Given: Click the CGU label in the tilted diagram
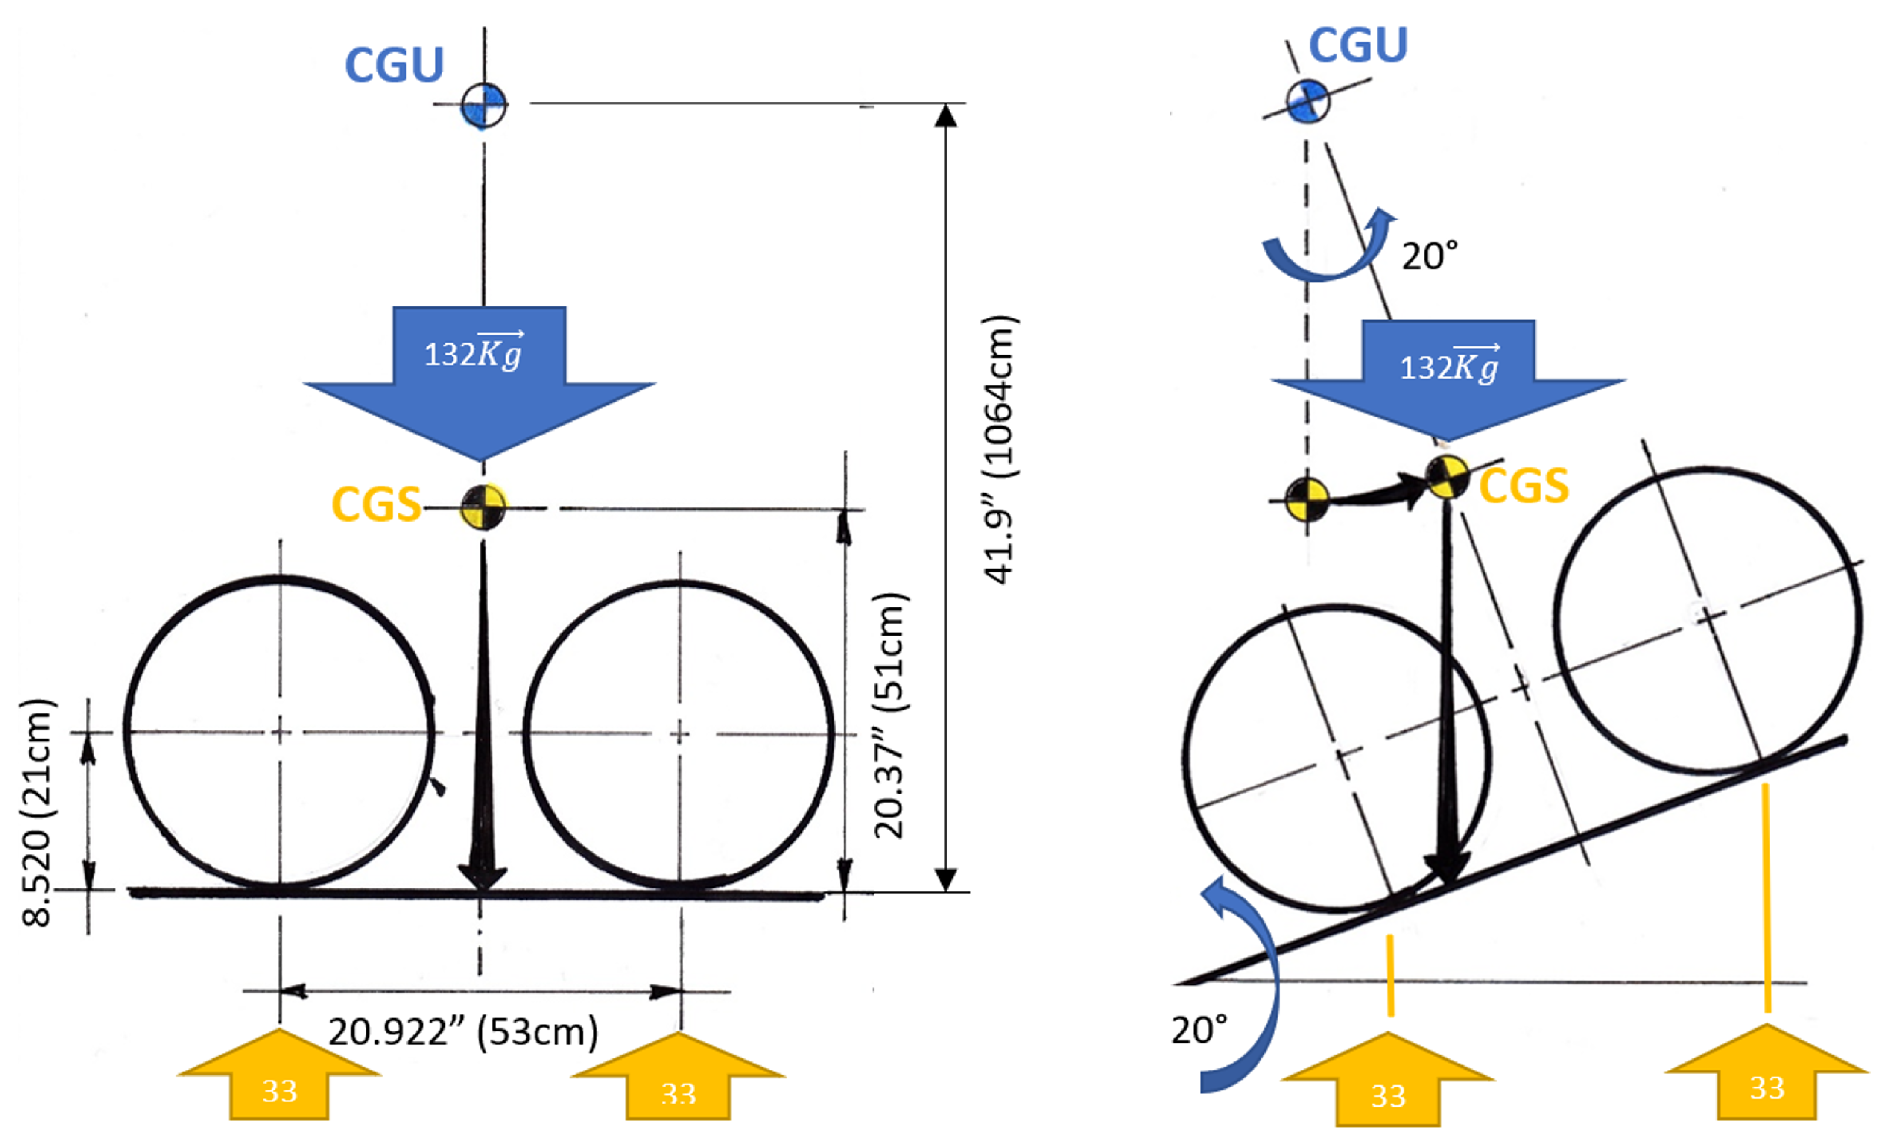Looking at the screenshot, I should [x=1358, y=45].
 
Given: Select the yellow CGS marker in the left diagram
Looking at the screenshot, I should [x=483, y=506].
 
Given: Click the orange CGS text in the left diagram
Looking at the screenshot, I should [x=376, y=505].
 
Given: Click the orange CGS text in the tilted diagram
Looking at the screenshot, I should [x=1524, y=487].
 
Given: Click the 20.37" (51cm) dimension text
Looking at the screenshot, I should [x=890, y=715].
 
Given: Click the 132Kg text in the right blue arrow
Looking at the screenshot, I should [x=1449, y=367].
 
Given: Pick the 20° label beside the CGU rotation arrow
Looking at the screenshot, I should [x=1429, y=256].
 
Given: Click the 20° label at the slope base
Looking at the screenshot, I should [x=1199, y=1031].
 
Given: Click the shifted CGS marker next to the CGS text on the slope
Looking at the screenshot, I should [x=1447, y=478].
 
